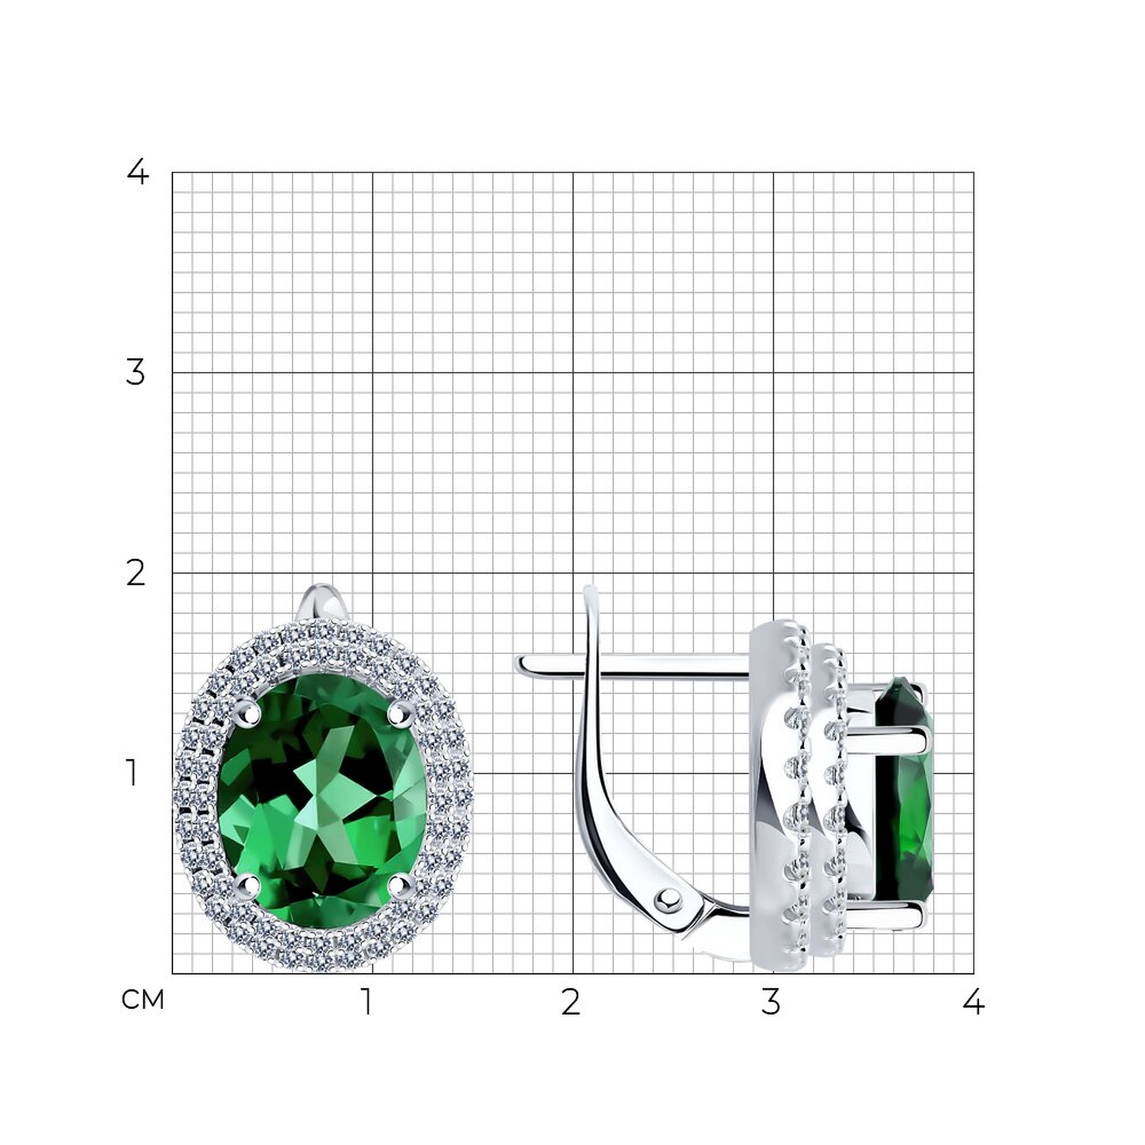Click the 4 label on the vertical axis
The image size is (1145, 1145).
tap(137, 172)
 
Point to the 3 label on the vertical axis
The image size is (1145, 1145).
tap(135, 373)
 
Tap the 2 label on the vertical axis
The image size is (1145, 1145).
tap(136, 573)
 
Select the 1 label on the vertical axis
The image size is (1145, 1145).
tap(132, 773)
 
